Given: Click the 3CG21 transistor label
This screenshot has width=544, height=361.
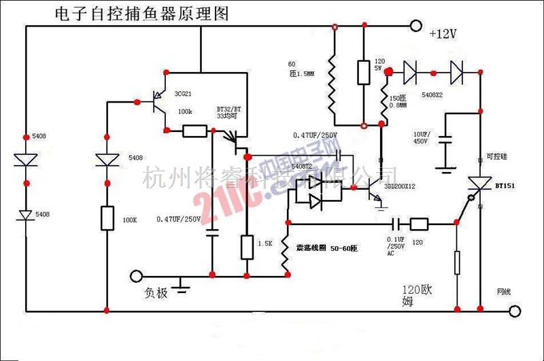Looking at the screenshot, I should [x=184, y=94].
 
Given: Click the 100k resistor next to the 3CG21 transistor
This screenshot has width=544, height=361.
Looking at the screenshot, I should [x=195, y=131].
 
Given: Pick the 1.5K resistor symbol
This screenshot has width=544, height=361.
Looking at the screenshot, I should [x=247, y=246].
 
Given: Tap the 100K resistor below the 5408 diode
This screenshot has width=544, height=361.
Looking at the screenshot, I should [x=108, y=219].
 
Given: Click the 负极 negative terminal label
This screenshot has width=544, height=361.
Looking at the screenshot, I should [x=155, y=293].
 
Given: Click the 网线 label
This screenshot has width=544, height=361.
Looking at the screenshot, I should [x=504, y=292].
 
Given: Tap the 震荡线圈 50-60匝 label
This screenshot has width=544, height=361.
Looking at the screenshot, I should [x=326, y=249].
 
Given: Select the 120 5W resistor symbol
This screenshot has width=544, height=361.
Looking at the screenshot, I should [x=364, y=73].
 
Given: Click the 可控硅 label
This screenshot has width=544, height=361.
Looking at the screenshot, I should [x=497, y=156].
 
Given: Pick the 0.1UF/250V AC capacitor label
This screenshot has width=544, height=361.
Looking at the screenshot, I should [x=395, y=245].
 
